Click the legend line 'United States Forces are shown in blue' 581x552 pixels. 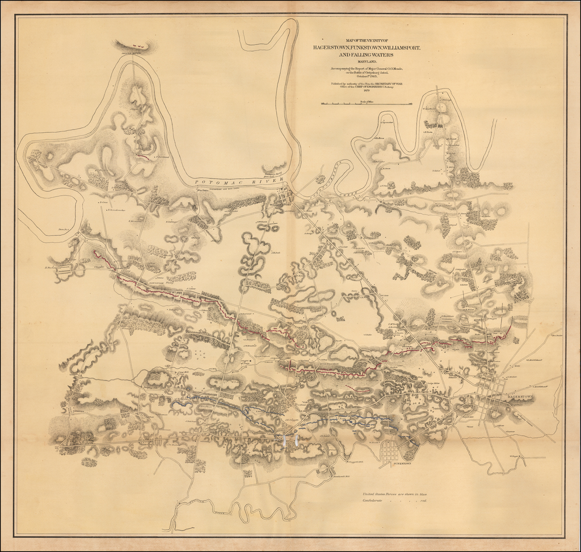403,494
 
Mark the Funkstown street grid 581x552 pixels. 393,451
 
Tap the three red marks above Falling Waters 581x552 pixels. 136,44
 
